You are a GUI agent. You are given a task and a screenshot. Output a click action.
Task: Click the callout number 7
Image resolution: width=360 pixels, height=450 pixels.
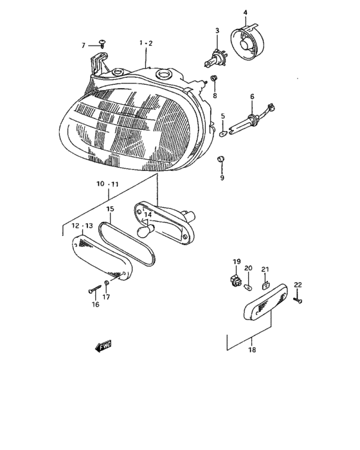83,45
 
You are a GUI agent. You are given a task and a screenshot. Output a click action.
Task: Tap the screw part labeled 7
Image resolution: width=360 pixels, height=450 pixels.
102,43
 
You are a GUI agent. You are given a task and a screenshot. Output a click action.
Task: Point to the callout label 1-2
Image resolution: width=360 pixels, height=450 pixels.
145,42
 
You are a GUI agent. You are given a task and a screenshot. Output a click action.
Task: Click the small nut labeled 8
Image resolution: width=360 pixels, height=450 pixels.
214,80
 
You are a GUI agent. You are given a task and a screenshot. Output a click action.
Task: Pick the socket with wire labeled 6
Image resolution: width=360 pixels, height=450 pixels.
254,118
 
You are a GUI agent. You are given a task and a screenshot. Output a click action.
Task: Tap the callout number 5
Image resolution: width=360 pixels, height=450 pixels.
222,116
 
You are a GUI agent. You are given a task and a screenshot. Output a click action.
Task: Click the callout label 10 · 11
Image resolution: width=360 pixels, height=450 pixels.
108,184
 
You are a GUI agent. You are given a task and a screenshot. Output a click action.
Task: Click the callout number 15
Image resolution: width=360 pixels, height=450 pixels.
110,209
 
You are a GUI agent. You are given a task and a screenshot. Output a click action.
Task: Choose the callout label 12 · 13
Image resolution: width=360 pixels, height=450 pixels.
82,226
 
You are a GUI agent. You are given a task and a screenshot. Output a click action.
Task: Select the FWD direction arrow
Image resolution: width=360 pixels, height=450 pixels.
103,347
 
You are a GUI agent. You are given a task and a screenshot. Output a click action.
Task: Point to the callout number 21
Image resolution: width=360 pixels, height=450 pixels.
265,269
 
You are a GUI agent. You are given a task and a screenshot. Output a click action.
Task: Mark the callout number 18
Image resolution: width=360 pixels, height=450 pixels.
252,350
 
